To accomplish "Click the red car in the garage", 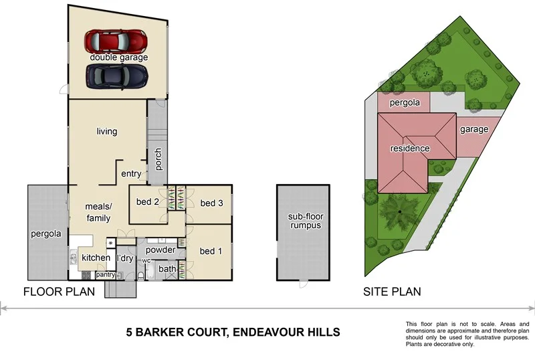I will pyautogui.click(x=116, y=41).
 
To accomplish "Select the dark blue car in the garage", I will pyautogui.click(x=116, y=77).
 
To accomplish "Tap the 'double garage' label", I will pyautogui.click(x=119, y=58).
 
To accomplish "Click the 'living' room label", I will pyautogui.click(x=106, y=132).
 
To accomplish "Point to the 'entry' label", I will pyautogui.click(x=131, y=174).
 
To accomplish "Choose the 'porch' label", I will pyautogui.click(x=158, y=159).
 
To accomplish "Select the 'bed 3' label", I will pyautogui.click(x=211, y=203).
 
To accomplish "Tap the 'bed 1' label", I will pyautogui.click(x=211, y=252).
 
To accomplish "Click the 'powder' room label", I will pyautogui.click(x=160, y=251).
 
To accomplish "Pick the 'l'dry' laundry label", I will pyautogui.click(x=124, y=258).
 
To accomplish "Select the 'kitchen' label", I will pyautogui.click(x=96, y=258).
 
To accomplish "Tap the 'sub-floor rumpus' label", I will pyautogui.click(x=305, y=221).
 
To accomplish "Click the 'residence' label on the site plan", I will pyautogui.click(x=409, y=149).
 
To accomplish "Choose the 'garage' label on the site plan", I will pyautogui.click(x=473, y=129).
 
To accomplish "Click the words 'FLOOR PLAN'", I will pyautogui.click(x=59, y=292).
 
